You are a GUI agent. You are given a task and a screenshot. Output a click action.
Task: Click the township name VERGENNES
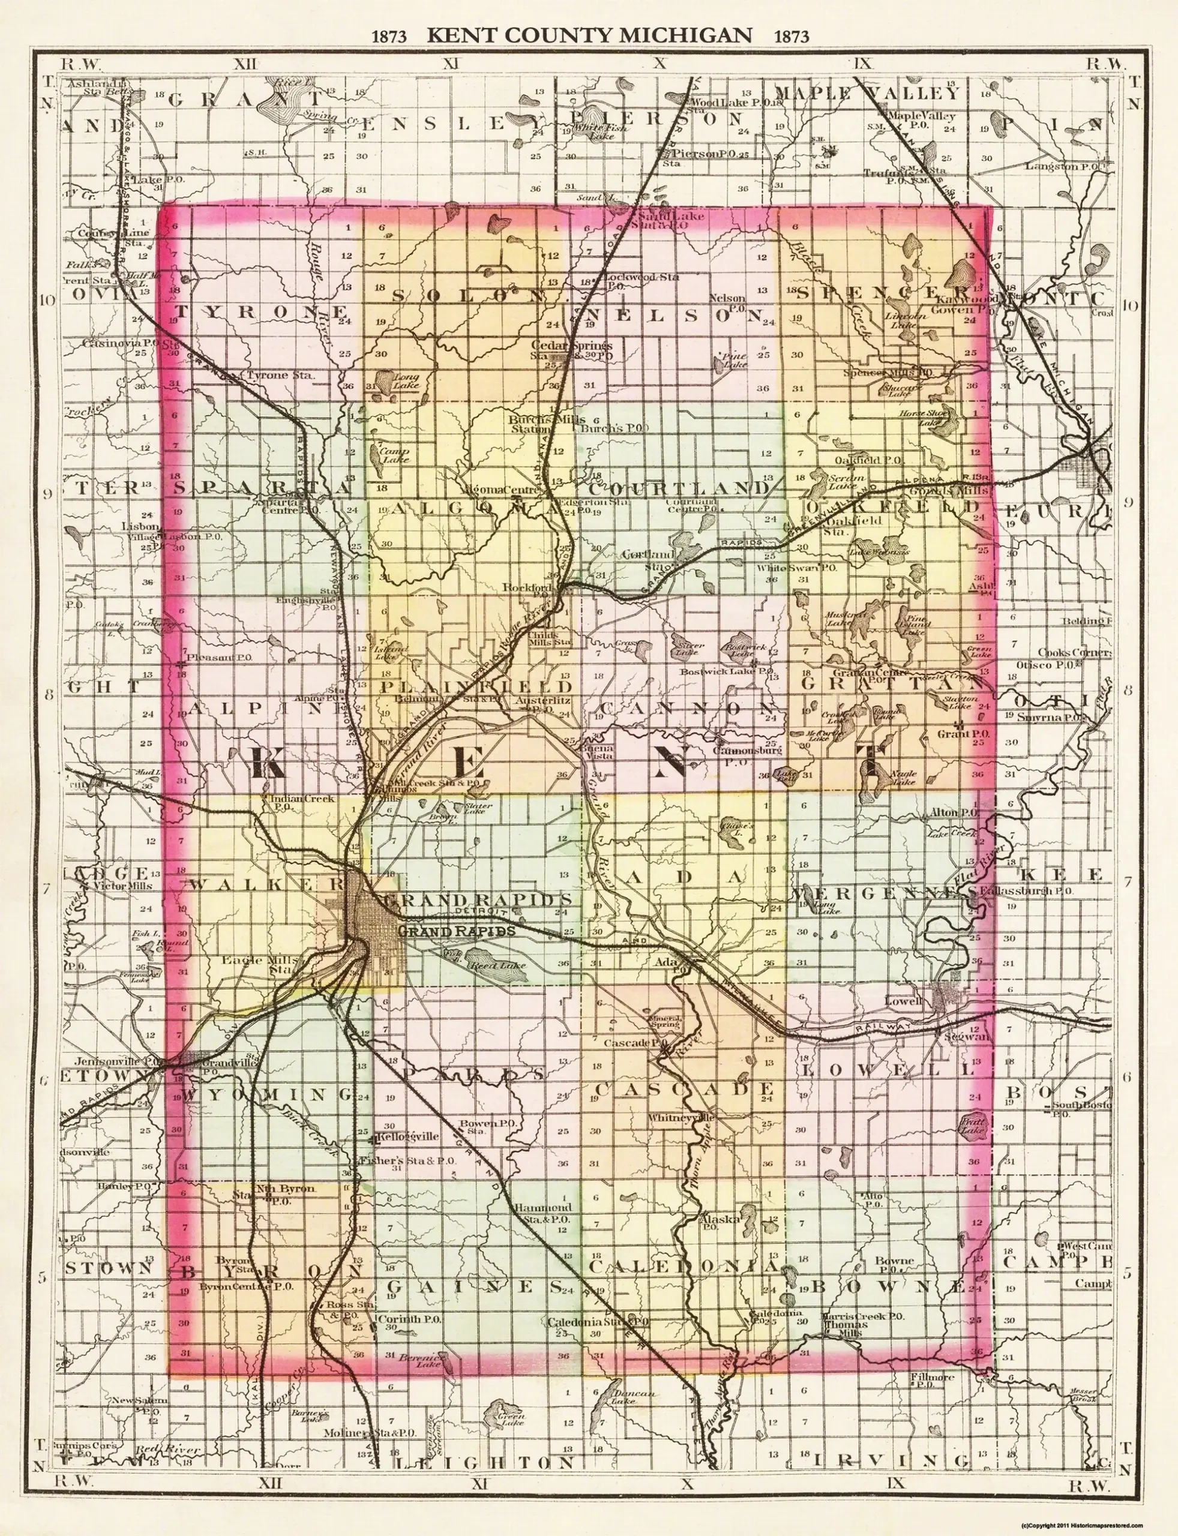point(886,892)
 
